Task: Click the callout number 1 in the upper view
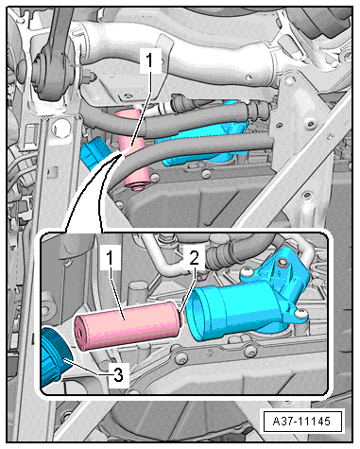[149, 61]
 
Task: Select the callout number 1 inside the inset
[110, 259]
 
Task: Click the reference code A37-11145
[301, 422]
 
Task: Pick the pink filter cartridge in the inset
[129, 326]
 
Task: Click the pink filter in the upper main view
[132, 148]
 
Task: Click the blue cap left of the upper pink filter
[94, 153]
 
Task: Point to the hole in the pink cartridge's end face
[80, 333]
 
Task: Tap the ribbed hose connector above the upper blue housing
[258, 111]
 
